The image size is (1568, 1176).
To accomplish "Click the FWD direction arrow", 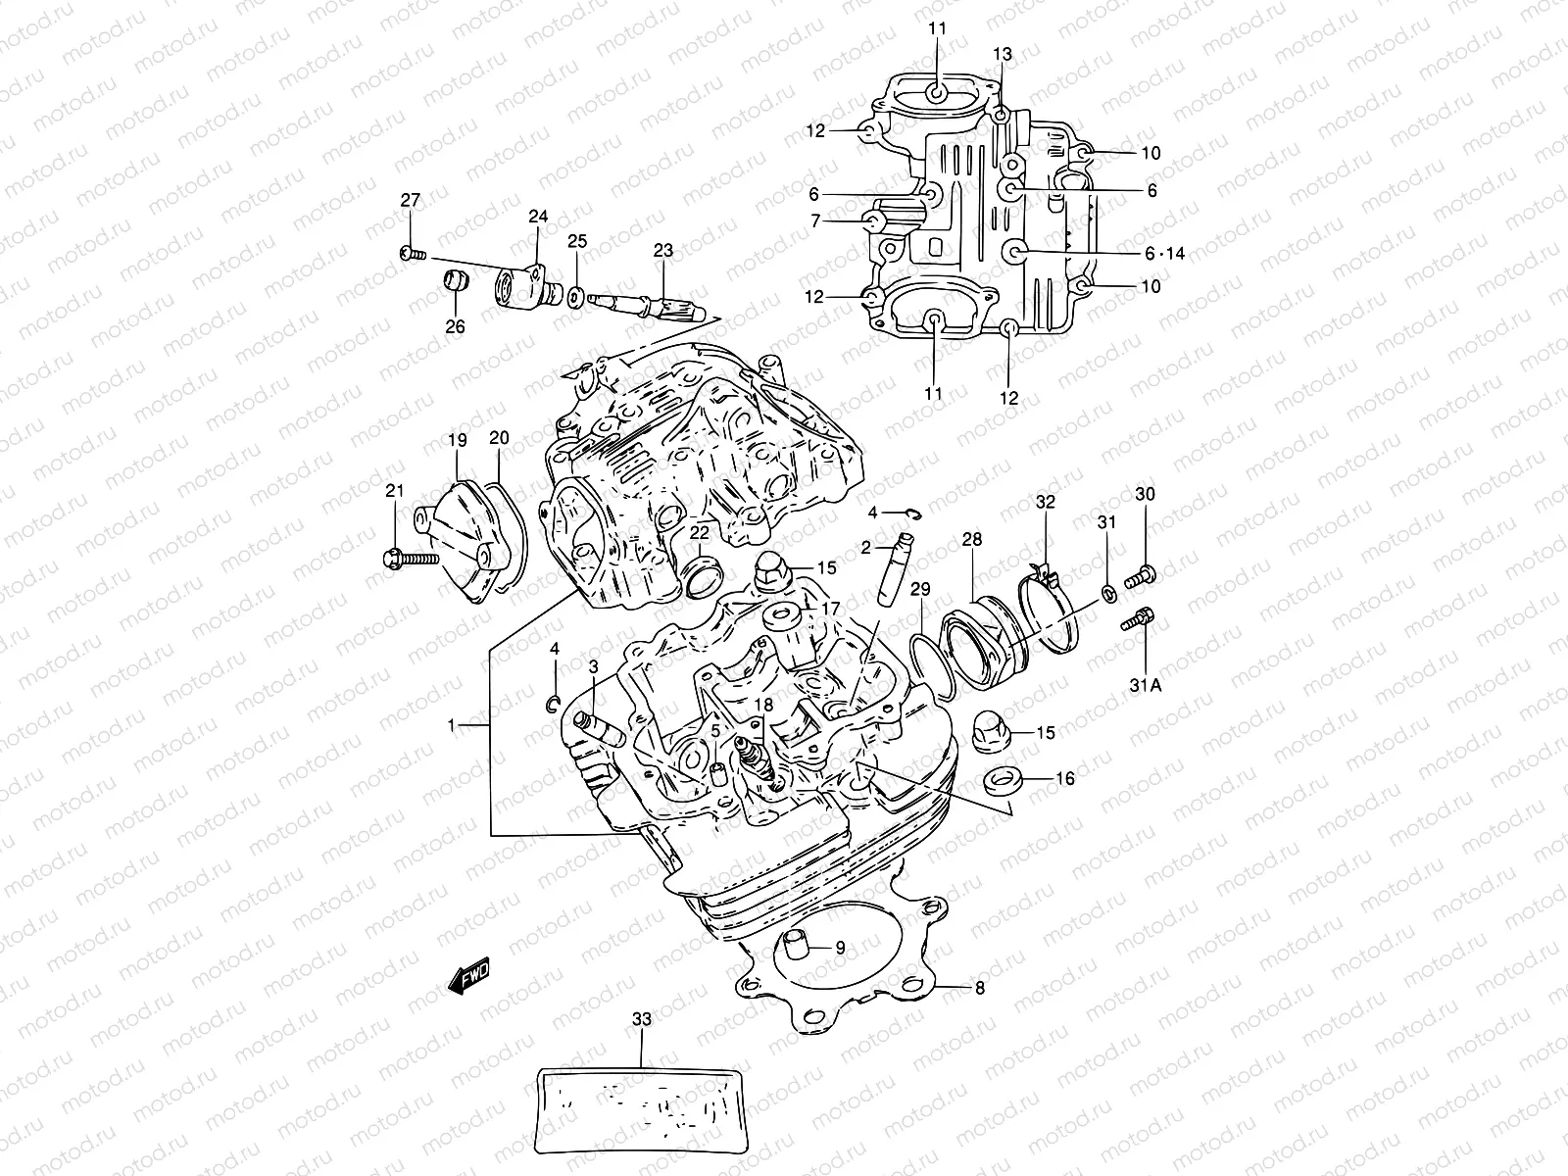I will (x=468, y=977).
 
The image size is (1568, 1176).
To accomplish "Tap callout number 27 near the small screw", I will (x=410, y=200).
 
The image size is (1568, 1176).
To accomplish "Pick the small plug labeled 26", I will (x=454, y=281).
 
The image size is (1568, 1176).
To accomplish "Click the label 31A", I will (x=1143, y=685).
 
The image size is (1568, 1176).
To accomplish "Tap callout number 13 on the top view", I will (x=1001, y=53).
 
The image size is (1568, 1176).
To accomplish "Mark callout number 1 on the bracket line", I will (x=452, y=725).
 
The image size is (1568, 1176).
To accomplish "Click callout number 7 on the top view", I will (x=815, y=222).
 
